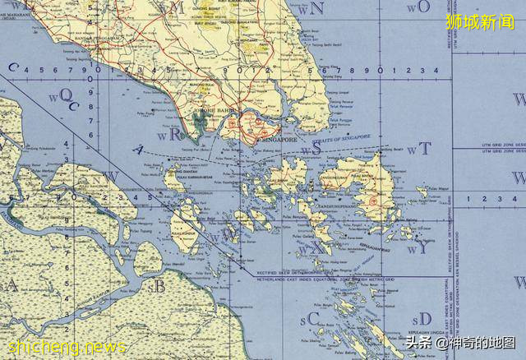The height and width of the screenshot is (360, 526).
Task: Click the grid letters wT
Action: [x=421, y=149]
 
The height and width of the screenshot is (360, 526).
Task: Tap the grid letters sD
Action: [x=422, y=318]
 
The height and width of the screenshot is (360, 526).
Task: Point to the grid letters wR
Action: [x=173, y=136]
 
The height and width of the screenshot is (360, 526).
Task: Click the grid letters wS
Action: [x=311, y=150]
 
